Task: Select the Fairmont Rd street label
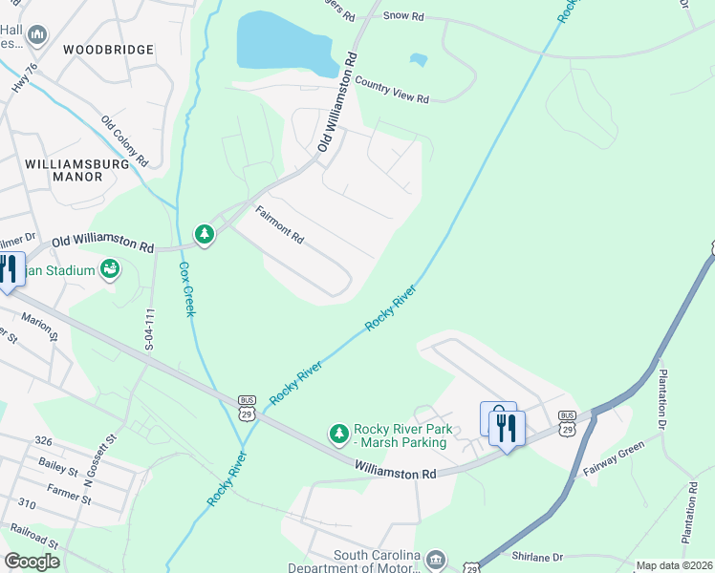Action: (x=278, y=223)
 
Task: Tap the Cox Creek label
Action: (x=185, y=289)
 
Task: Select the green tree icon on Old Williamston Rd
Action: (x=204, y=234)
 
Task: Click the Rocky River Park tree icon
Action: (x=338, y=435)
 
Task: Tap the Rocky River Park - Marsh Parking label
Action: (x=401, y=435)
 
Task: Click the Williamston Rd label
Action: (x=395, y=472)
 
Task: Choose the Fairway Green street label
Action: (x=629, y=454)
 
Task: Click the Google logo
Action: (x=32, y=562)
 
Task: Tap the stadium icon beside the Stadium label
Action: (x=110, y=269)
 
